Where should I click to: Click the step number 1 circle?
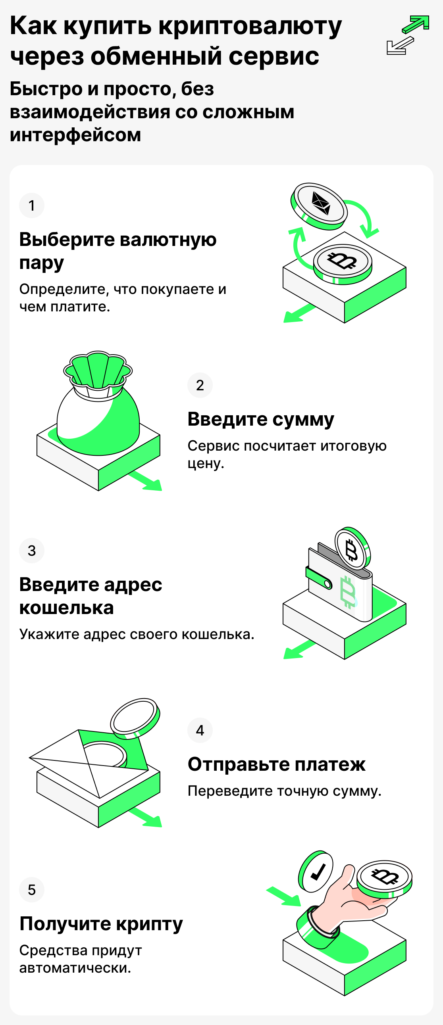click(x=32, y=205)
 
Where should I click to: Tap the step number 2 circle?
click(x=200, y=385)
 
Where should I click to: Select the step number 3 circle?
click(x=32, y=550)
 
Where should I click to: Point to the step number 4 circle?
click(x=200, y=730)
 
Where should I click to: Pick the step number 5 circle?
click(x=32, y=889)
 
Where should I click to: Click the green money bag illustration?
click(x=98, y=410)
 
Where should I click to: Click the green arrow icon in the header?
click(x=416, y=24)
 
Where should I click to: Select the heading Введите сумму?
click(x=261, y=419)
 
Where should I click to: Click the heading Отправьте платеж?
click(x=276, y=764)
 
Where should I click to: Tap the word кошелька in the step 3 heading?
click(x=66, y=608)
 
